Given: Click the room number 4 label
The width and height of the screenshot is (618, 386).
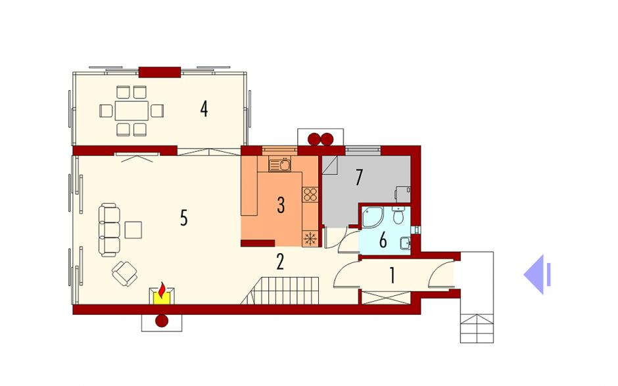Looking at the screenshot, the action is [204, 109].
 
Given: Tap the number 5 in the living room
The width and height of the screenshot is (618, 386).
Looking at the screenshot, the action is [183, 218].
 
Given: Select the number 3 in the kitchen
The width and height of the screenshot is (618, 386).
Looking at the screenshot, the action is [281, 205].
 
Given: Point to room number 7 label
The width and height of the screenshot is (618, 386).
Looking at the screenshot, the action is [358, 178].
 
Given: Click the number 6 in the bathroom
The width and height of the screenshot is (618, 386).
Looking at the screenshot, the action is [383, 240].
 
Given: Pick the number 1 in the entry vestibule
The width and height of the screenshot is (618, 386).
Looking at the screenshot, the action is [392, 276].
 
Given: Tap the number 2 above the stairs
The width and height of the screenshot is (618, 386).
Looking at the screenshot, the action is [280, 262].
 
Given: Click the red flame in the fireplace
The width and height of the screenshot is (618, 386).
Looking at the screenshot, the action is [162, 290].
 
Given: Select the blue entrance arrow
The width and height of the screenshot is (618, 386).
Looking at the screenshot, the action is [537, 274].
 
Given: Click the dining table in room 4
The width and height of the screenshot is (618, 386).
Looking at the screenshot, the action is [131, 110].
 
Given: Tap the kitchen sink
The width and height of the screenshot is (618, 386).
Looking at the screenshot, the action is [280, 164].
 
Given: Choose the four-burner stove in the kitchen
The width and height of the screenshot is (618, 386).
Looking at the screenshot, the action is [310, 195].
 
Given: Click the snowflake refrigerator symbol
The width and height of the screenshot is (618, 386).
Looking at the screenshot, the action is [310, 239].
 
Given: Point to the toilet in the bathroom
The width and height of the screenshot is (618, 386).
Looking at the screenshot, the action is [398, 215].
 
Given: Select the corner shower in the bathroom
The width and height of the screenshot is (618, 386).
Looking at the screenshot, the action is [372, 216].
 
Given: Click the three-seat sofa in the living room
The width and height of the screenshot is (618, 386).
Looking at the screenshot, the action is [110, 230].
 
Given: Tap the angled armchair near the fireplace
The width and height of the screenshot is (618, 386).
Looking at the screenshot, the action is [124, 274].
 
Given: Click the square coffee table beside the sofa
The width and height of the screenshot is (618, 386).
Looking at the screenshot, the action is [133, 230].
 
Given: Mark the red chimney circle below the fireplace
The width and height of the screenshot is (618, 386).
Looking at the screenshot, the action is [162, 321].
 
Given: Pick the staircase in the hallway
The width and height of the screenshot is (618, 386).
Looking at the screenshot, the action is [280, 291].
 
